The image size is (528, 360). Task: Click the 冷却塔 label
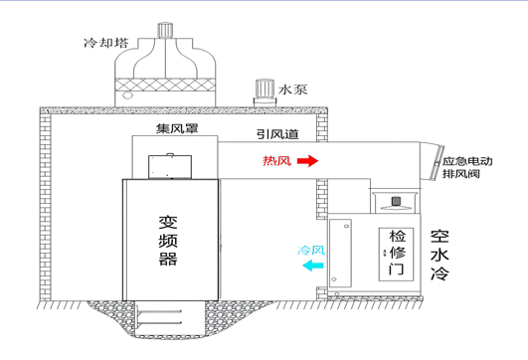[106, 43]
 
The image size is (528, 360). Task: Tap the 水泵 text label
[292, 90]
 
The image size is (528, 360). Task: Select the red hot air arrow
[307, 161]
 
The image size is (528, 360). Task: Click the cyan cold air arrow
[313, 266]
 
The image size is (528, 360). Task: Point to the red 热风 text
[276, 161]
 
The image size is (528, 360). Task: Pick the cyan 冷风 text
[311, 251]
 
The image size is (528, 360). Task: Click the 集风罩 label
[177, 128]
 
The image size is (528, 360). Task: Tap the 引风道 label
[277, 134]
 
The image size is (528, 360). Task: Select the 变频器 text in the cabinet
[168, 240]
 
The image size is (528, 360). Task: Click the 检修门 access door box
[396, 255]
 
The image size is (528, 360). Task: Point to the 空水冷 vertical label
[440, 255]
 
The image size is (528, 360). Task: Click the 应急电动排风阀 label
[467, 167]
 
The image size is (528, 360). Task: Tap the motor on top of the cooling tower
[165, 30]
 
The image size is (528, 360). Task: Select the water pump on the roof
[264, 92]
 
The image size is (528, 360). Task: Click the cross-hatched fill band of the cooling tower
[165, 85]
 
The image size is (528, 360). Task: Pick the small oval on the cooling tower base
[127, 95]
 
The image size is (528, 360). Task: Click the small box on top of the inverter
[170, 166]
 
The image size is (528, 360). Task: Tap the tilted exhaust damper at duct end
[438, 162]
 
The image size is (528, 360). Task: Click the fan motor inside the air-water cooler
[396, 201]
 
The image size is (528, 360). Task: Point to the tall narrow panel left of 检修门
[340, 254]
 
